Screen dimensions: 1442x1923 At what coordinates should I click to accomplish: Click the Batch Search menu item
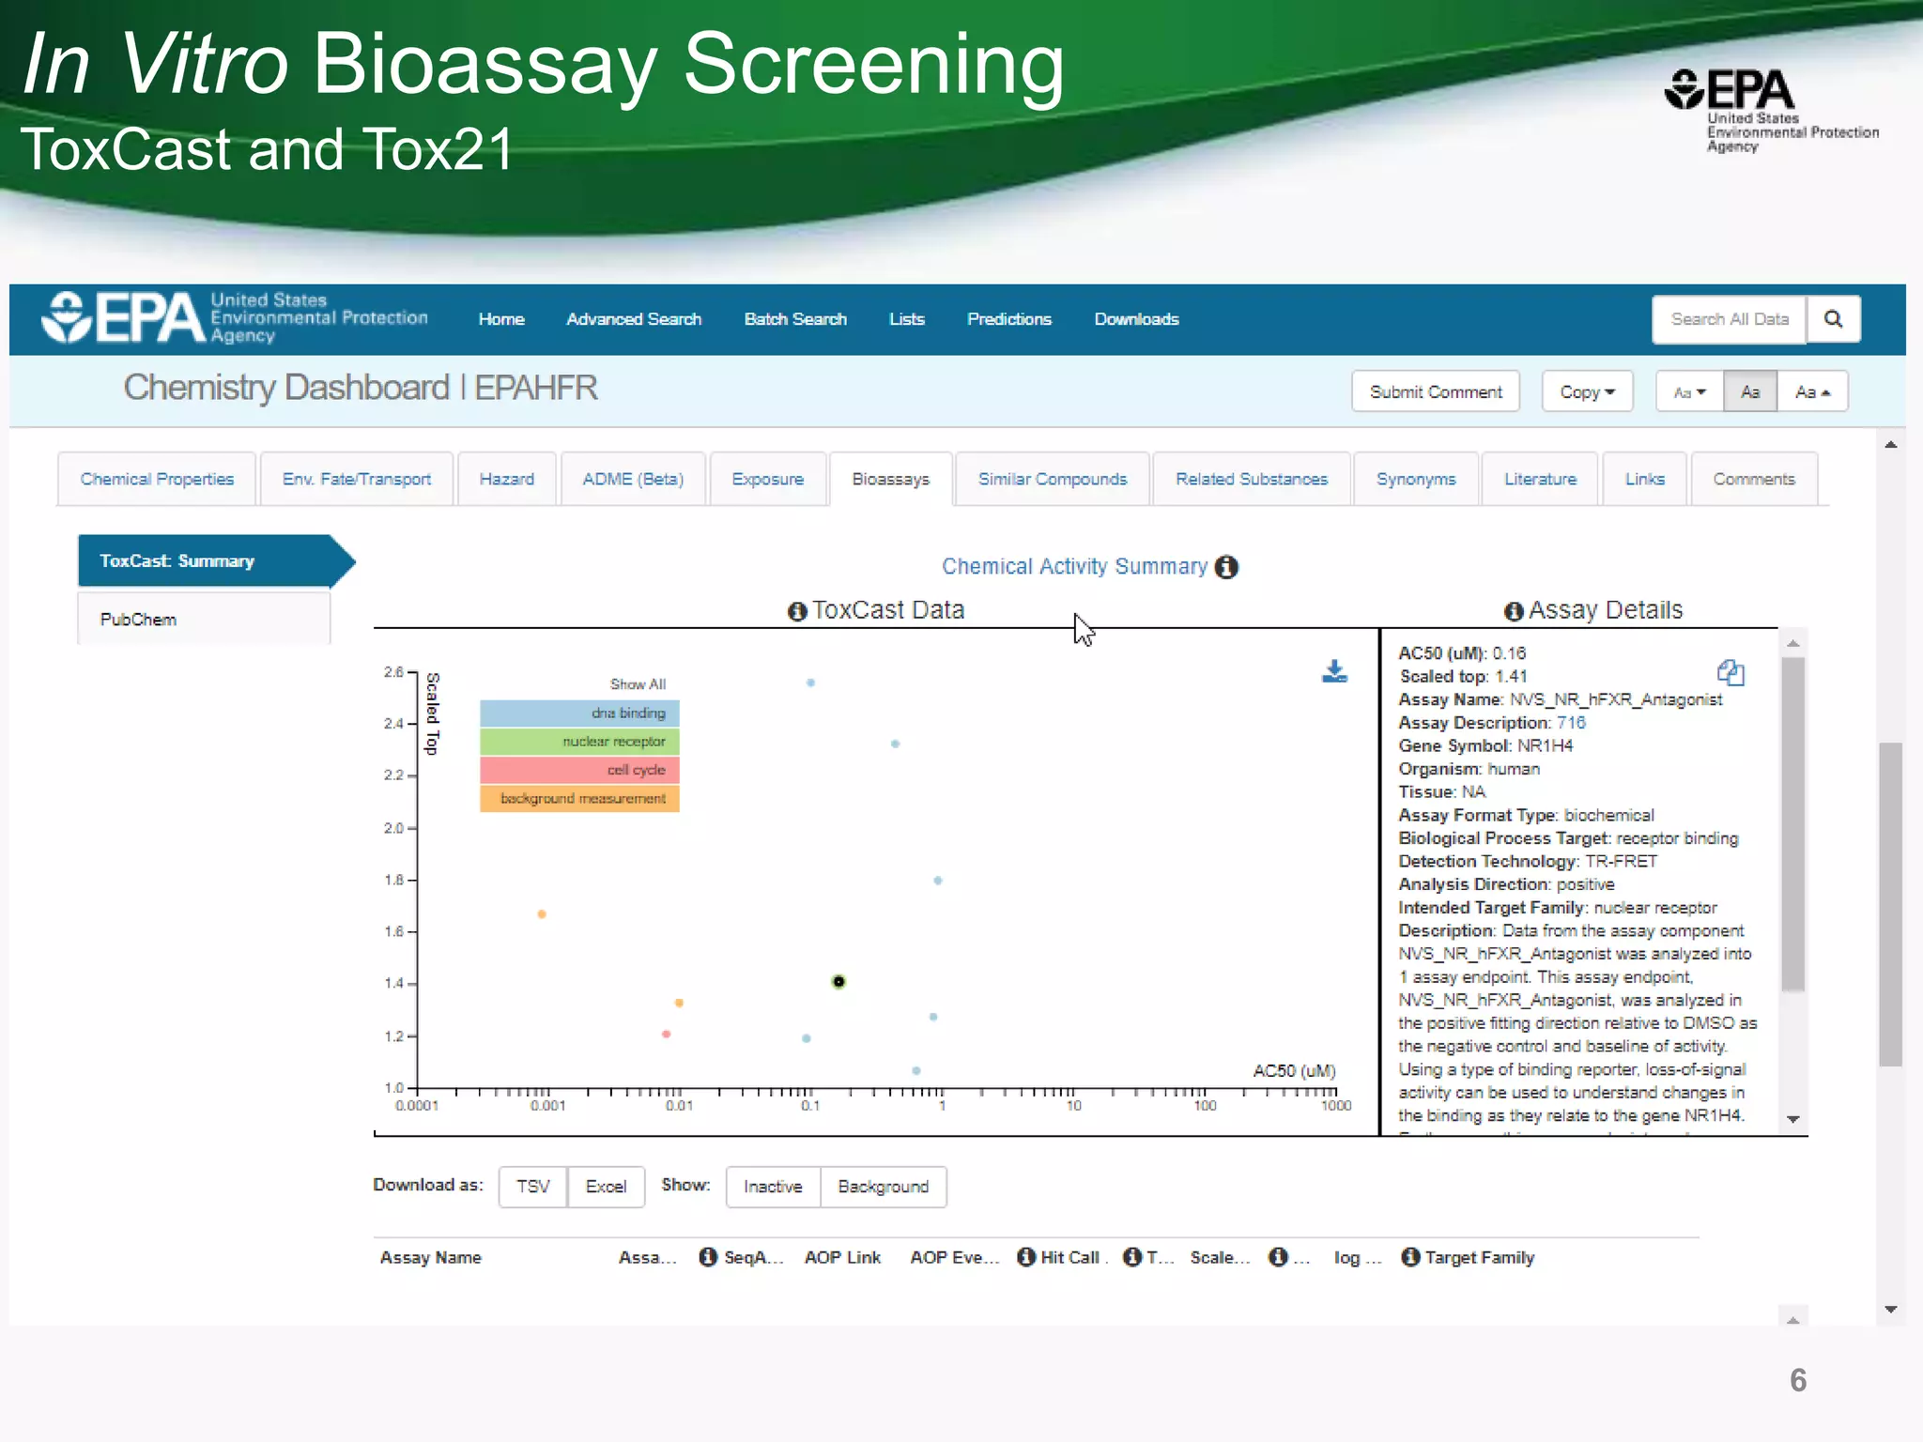[795, 319]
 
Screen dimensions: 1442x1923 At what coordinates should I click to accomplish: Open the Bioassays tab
[890, 479]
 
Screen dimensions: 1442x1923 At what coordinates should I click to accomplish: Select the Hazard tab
[506, 479]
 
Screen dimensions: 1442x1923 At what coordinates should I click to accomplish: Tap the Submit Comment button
[1435, 391]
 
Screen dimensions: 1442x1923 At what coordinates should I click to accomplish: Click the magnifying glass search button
[1833, 319]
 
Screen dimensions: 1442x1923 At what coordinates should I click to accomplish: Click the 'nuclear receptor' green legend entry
[579, 742]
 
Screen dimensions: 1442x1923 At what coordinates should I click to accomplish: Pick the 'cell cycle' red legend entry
[579, 770]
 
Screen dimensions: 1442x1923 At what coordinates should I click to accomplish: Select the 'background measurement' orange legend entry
[579, 798]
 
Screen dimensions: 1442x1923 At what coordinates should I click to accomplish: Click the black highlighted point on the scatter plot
[838, 982]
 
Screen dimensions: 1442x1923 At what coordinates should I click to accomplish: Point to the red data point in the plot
[666, 1035]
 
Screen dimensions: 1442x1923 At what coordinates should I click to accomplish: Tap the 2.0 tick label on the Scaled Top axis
[393, 828]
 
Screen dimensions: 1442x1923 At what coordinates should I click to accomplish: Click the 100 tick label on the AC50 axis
[1205, 1106]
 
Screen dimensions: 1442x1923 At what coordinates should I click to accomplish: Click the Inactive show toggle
[773, 1187]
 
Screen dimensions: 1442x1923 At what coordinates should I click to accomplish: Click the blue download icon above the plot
[1334, 672]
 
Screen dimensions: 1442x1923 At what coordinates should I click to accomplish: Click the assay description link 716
[1571, 723]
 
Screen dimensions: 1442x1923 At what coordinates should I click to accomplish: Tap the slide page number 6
[1798, 1380]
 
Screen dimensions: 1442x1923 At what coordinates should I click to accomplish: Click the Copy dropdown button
[1587, 391]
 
